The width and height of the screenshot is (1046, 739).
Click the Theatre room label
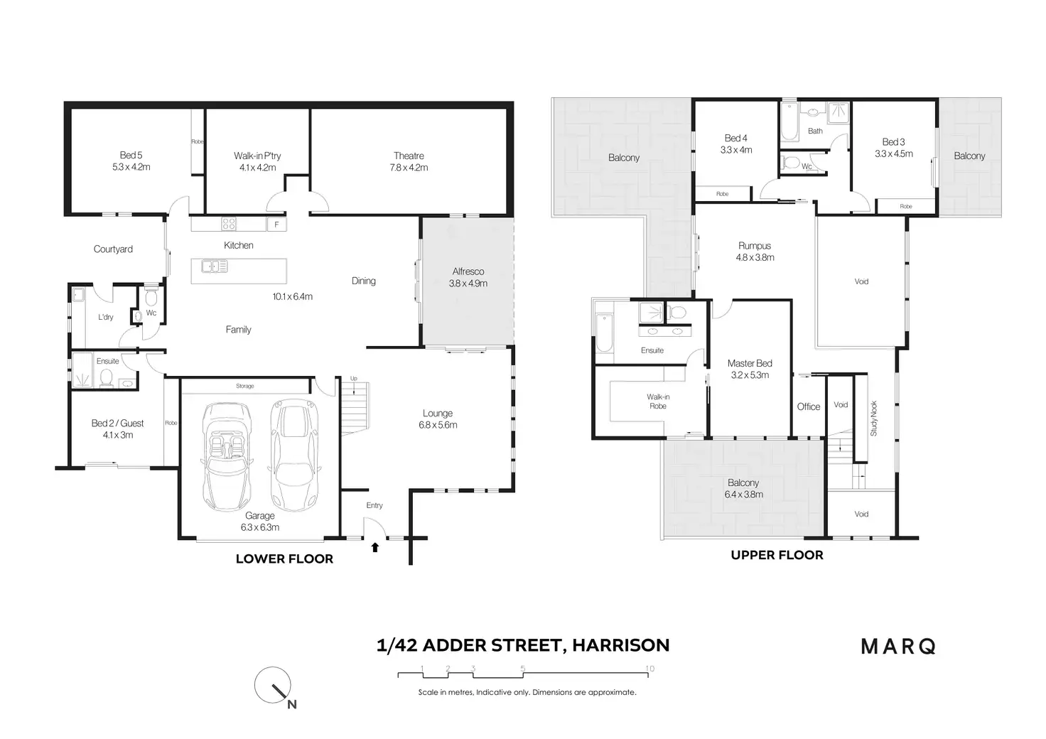[409, 161]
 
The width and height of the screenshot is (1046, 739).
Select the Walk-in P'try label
[257, 161]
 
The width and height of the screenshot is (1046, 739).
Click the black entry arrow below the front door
[375, 547]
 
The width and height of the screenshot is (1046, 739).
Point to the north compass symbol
[274, 686]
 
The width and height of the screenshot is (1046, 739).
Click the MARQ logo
[898, 647]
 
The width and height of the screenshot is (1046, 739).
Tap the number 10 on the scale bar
[649, 669]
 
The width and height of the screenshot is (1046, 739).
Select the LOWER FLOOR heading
[284, 559]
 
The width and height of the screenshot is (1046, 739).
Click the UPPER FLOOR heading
[777, 555]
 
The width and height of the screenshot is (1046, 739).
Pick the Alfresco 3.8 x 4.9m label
[468, 277]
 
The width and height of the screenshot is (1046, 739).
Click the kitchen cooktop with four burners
[229, 224]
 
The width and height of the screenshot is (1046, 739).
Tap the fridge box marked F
[276, 225]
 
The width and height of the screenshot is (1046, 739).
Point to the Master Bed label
[750, 369]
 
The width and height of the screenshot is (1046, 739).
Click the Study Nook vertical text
[874, 419]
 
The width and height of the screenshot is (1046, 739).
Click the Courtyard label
[113, 249]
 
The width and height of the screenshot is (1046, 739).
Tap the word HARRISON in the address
[620, 645]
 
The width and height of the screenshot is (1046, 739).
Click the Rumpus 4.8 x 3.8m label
[755, 252]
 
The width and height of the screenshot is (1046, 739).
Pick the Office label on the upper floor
[809, 406]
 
